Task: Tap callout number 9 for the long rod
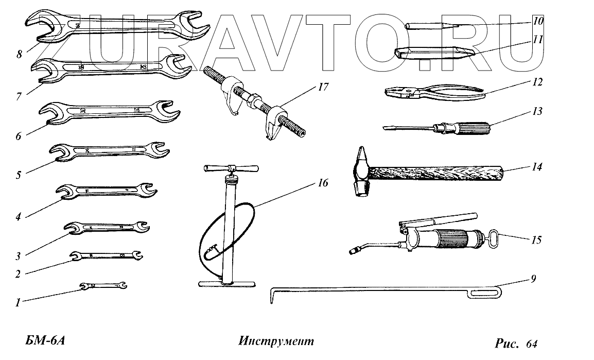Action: [533, 279]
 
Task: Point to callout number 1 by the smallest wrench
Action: [18, 303]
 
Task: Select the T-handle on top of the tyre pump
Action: [231, 168]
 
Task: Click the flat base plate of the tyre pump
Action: [227, 283]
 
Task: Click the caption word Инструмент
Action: [276, 341]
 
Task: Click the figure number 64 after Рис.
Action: [532, 343]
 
